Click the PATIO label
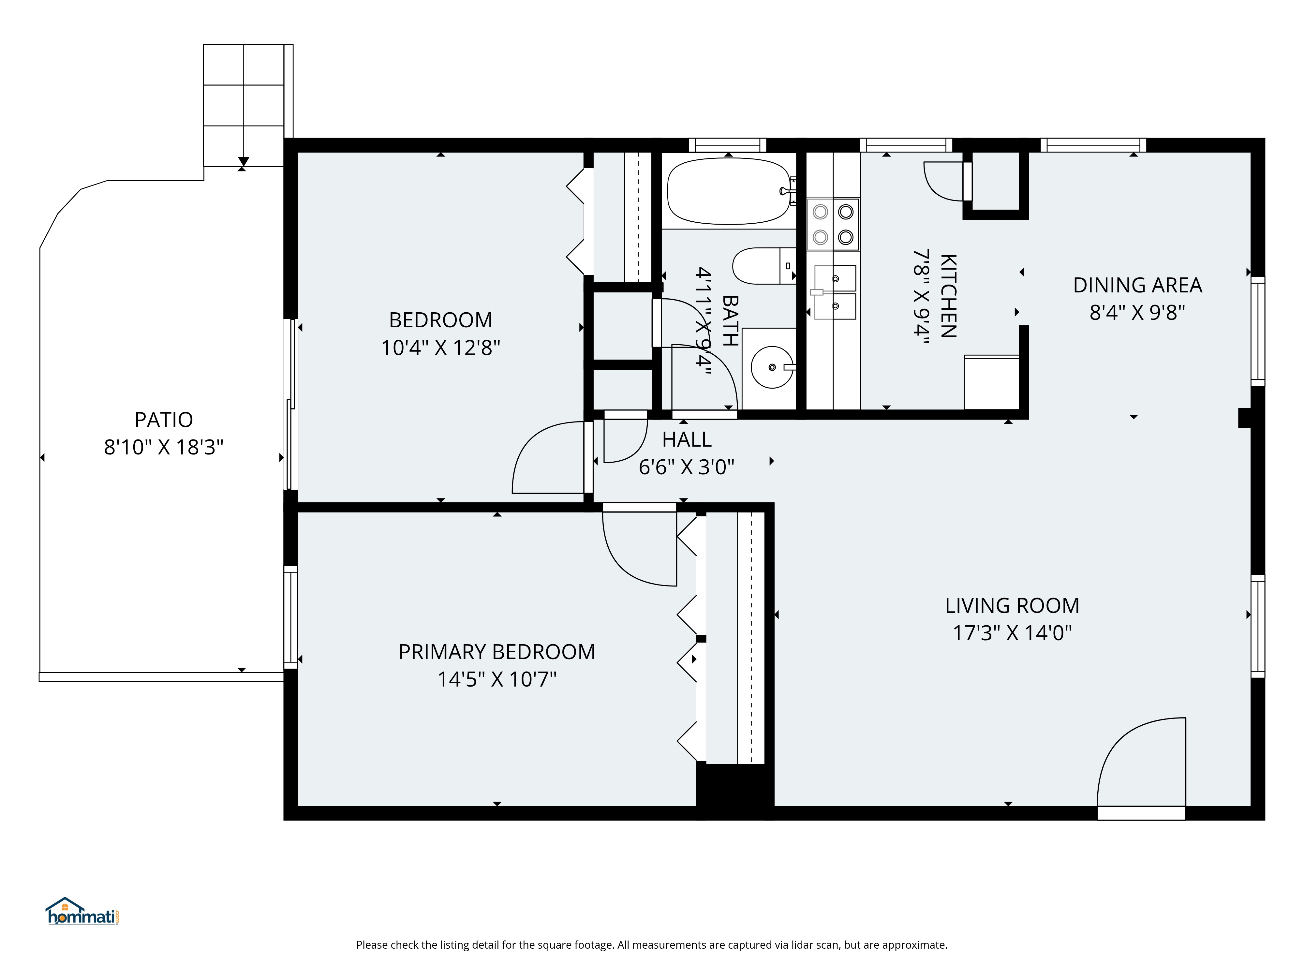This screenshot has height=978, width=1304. click(x=164, y=420)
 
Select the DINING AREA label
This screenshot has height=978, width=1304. click(x=1137, y=285)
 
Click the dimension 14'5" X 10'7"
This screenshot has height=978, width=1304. click(x=497, y=680)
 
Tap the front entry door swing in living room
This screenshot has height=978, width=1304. click(x=1141, y=761)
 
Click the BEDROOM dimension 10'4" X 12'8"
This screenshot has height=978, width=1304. click(x=440, y=348)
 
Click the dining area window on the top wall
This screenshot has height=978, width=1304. click(x=1093, y=145)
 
